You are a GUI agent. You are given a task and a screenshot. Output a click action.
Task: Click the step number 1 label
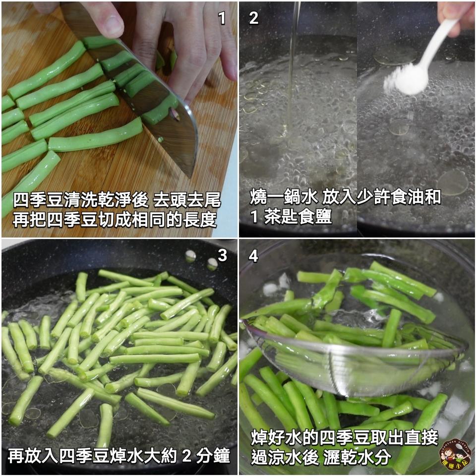click(x=222, y=18)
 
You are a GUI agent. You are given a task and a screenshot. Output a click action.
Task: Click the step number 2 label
click(x=253, y=18)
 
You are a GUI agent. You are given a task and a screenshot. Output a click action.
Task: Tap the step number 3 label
click(x=222, y=255)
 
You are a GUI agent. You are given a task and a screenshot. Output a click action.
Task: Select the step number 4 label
click(x=253, y=256)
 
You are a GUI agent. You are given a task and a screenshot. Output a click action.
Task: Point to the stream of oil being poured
click(x=293, y=74)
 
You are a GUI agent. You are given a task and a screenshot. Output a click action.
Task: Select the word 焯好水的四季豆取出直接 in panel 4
click(x=345, y=437)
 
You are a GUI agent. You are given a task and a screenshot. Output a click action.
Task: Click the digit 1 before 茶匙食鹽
click(x=254, y=217)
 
